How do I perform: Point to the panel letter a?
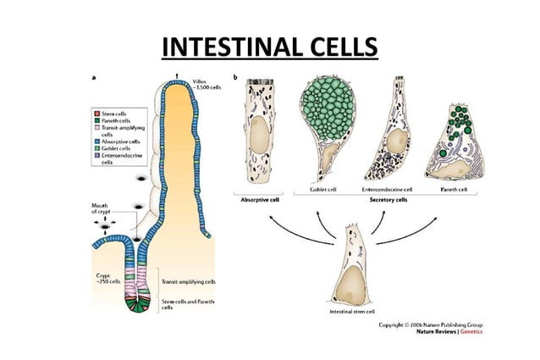pyautogui.click(x=93, y=77)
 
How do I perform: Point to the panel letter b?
pyautogui.click(x=234, y=77)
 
